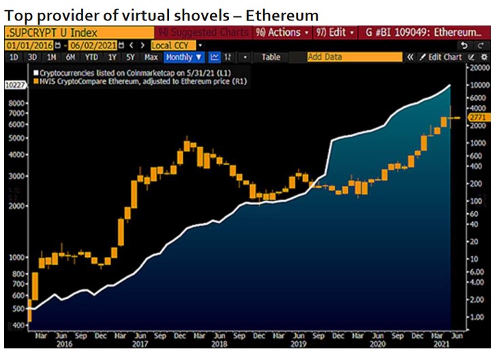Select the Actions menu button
pyautogui.click(x=282, y=32)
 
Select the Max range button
pyautogui.click(x=151, y=57)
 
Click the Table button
pyautogui.click(x=271, y=57)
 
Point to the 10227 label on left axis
pyautogui.click(x=15, y=85)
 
